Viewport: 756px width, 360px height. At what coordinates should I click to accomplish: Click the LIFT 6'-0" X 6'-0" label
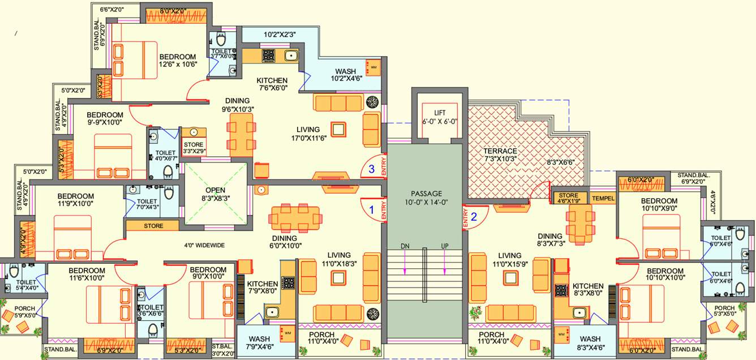[440, 117]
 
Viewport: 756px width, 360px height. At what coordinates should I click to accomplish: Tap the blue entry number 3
[371, 168]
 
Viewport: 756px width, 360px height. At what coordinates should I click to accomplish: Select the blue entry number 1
[372, 209]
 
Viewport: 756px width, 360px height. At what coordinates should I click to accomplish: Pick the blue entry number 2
[474, 215]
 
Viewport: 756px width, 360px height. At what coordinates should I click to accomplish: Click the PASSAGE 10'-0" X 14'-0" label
[427, 198]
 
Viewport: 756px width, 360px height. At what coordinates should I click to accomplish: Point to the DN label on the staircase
[405, 247]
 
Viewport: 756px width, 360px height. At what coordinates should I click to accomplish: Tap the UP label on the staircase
[445, 247]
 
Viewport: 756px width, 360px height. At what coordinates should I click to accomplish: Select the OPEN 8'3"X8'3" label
[215, 194]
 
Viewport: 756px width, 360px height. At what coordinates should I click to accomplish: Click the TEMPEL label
[603, 199]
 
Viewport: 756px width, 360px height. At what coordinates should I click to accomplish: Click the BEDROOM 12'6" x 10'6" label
[177, 61]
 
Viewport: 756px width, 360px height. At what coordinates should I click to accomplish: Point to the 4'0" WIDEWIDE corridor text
[204, 246]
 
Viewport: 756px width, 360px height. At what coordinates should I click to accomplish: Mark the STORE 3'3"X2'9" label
[193, 148]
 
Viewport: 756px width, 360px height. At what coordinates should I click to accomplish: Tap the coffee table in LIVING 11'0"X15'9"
[511, 277]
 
